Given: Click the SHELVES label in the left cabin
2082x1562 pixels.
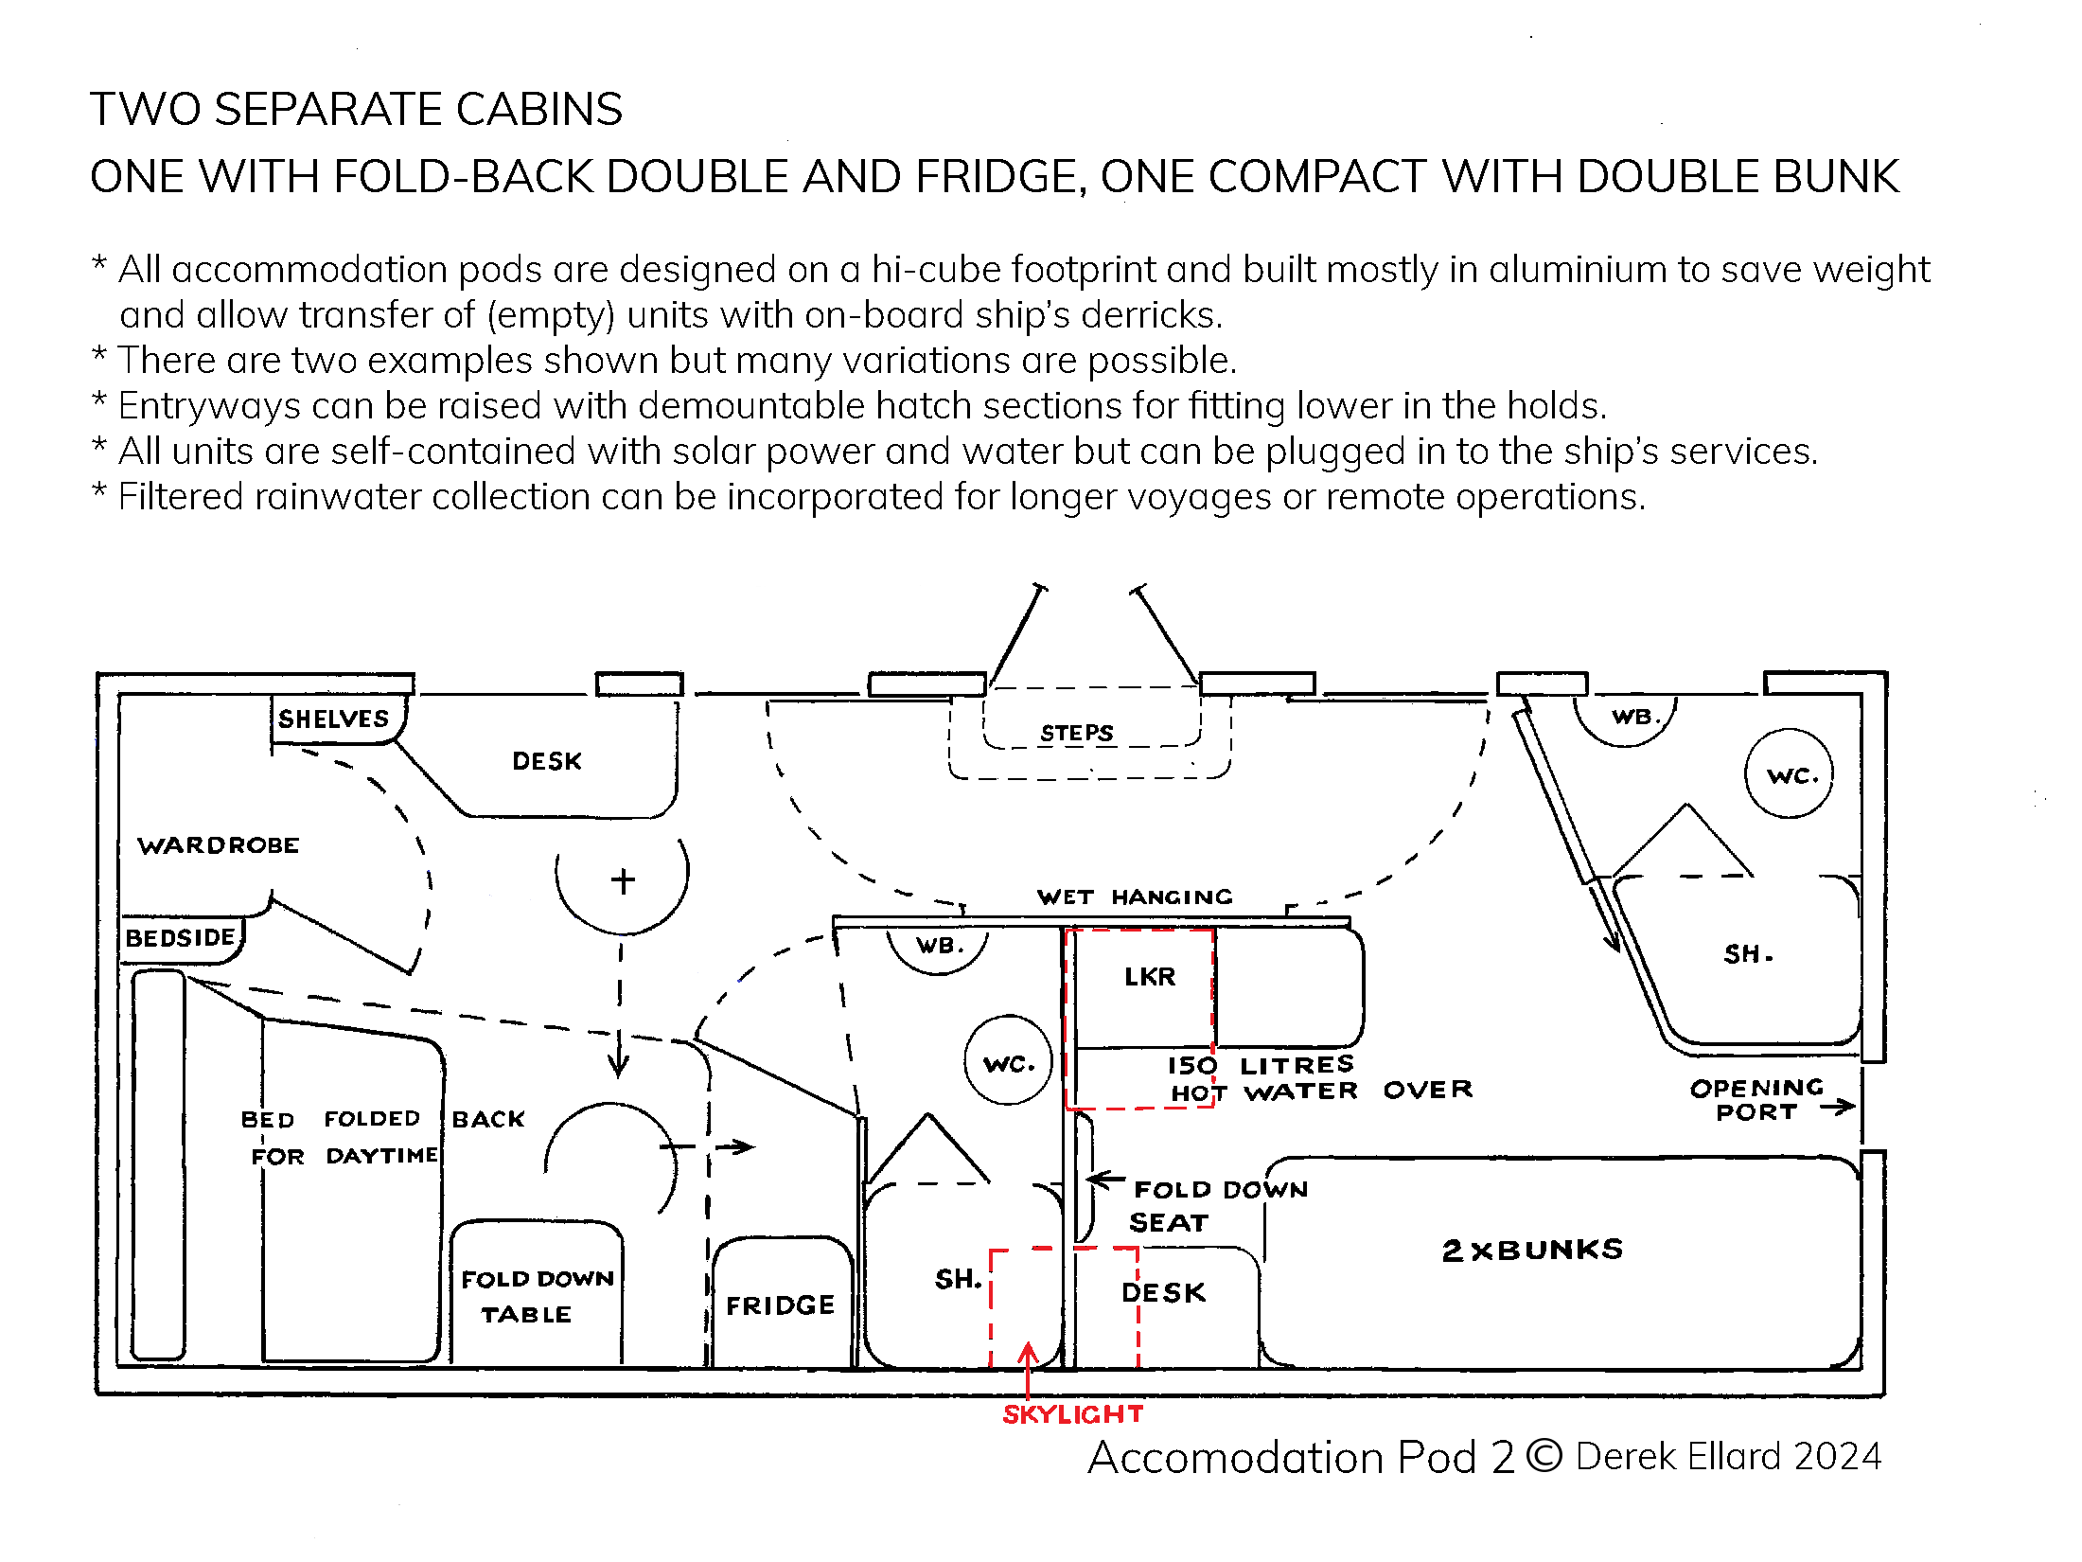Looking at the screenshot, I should coord(333,719).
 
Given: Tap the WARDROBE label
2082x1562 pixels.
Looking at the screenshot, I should coord(219,845).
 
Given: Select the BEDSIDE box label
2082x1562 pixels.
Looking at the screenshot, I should coord(181,938).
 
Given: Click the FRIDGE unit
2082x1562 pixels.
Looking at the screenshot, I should coord(781,1305).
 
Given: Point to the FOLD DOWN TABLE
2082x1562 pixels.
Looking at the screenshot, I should coord(536,1296).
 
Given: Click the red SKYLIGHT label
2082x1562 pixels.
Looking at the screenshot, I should coord(1073,1414).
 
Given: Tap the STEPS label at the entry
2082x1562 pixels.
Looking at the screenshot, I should coord(1076,733).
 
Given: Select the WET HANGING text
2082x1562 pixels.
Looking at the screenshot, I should coord(1135,896).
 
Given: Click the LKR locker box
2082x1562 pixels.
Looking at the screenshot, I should coord(1149,977).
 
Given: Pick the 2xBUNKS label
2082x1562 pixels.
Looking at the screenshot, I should coord(1532,1250).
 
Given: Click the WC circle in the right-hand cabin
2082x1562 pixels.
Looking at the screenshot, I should coord(1789,774).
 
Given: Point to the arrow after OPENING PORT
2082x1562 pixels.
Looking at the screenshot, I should coord(1838,1107).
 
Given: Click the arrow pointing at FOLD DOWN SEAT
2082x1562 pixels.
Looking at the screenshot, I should coord(1104,1180).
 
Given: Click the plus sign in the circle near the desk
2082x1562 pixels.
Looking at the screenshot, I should coord(623,880).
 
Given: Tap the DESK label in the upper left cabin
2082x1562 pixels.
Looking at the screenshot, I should coord(546,761).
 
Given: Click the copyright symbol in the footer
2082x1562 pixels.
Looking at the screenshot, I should coord(1544,1455).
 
